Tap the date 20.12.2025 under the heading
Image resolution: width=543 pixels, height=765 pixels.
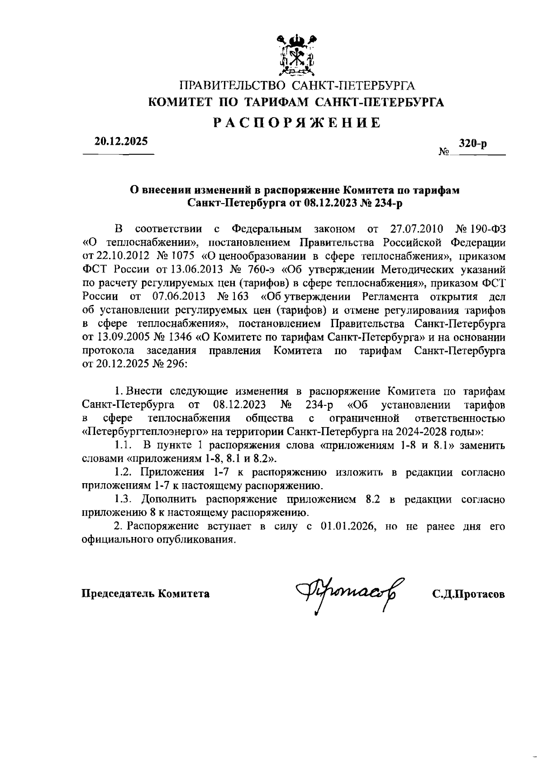click(x=121, y=141)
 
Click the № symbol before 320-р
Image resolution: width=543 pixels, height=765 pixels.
click(x=443, y=152)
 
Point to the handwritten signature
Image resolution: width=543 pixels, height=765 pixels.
click(x=348, y=593)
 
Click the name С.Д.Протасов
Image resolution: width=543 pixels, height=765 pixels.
click(x=468, y=594)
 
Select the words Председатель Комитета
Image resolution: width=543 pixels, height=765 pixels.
click(x=145, y=594)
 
